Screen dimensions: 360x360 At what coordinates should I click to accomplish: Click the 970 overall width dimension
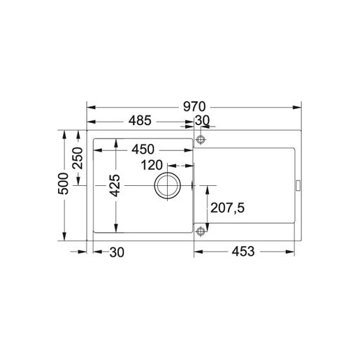point(194,107)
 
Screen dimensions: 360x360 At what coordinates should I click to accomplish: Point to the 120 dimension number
point(156,166)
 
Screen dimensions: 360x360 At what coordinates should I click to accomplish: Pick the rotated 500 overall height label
point(63,184)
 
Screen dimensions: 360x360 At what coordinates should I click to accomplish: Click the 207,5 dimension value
point(230,208)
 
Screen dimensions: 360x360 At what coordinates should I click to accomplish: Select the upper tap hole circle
point(201,141)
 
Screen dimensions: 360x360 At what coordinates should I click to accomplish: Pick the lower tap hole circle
point(201,231)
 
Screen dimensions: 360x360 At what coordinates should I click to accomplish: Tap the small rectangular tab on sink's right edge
point(299,185)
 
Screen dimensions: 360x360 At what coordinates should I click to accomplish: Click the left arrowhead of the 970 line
point(90,107)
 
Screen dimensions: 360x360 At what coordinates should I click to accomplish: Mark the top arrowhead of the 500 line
point(66,133)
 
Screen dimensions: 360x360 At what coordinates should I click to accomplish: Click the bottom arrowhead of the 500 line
point(66,238)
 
